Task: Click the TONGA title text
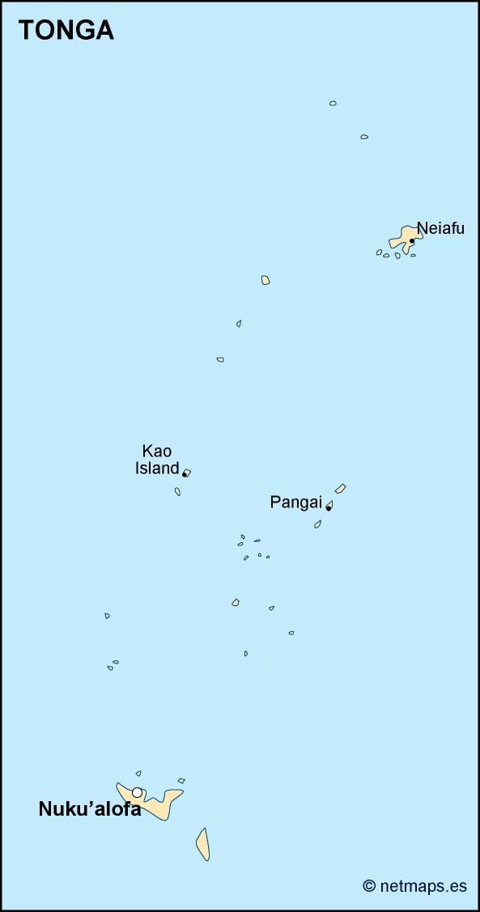(x=66, y=30)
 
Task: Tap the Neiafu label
(x=440, y=228)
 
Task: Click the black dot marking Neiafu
(x=412, y=240)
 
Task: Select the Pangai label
(x=295, y=503)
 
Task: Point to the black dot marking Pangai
(x=329, y=508)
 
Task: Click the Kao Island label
(x=157, y=460)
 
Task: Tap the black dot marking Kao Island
(x=185, y=474)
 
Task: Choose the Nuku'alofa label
(x=90, y=809)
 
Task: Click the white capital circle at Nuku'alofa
(x=138, y=792)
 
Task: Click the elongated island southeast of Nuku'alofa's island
(x=202, y=844)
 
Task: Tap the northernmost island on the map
(x=333, y=104)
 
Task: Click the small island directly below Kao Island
(x=177, y=491)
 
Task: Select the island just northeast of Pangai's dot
(x=341, y=489)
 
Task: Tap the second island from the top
(x=364, y=137)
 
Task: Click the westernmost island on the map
(x=107, y=616)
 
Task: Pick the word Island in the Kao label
(x=157, y=469)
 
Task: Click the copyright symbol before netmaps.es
(x=369, y=886)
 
